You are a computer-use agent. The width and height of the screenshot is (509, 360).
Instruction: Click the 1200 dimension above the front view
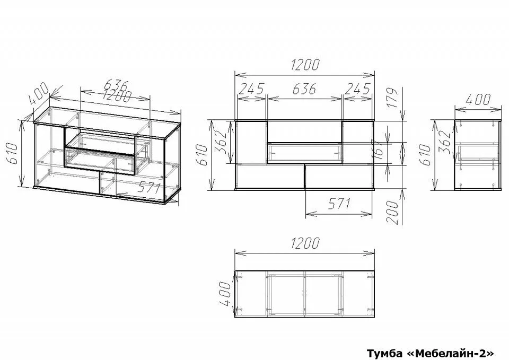(x=305, y=65)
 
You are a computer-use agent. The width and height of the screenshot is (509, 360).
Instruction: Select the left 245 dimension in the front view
(x=251, y=89)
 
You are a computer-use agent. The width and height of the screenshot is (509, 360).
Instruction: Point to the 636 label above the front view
(x=304, y=89)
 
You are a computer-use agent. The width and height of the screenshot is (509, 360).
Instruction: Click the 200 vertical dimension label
(x=392, y=212)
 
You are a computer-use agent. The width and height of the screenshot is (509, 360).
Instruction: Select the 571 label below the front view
(x=339, y=204)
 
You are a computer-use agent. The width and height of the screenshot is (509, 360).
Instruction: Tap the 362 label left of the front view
(x=221, y=142)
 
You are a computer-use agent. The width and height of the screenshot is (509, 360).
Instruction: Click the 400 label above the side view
(x=478, y=100)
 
